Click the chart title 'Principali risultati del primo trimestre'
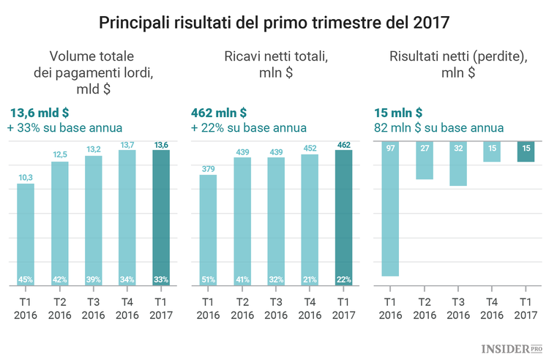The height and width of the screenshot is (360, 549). (x=274, y=23)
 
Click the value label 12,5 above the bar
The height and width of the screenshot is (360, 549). (x=59, y=154)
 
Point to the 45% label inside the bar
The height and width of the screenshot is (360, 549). (x=26, y=280)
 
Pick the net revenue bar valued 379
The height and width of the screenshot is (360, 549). (x=208, y=230)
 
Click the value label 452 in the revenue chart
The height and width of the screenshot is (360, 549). (x=309, y=148)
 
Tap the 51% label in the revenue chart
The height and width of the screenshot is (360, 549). (x=208, y=280)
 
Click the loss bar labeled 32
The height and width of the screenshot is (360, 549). (x=457, y=164)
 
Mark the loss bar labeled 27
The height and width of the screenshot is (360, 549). (x=424, y=160)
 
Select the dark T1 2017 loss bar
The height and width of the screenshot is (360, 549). (x=525, y=151)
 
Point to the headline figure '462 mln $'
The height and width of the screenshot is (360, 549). (x=218, y=113)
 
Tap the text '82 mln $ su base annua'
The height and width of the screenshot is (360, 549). (x=438, y=128)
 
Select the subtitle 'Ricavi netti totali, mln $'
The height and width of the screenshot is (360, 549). (x=274, y=64)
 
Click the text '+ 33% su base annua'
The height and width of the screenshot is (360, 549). (x=64, y=128)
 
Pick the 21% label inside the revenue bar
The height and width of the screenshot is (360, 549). (x=309, y=280)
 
